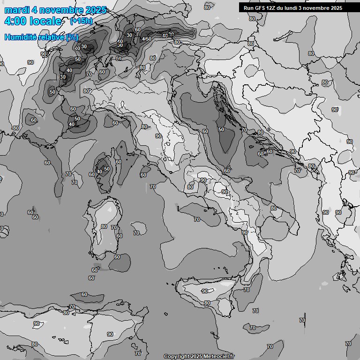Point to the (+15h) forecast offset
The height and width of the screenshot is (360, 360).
(x=81, y=21)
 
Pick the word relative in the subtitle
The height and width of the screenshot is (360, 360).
(x=52, y=37)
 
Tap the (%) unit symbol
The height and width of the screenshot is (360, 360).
(x=72, y=37)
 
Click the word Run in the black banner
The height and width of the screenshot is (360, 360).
(x=248, y=8)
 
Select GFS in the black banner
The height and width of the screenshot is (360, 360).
(x=260, y=8)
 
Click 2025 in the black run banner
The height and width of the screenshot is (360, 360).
(x=335, y=8)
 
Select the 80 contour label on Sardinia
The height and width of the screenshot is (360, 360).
(x=104, y=226)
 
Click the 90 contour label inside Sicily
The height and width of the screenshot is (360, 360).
(x=205, y=291)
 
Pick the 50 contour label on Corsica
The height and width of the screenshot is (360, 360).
(x=107, y=169)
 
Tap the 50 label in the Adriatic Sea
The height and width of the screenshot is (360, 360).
(x=221, y=129)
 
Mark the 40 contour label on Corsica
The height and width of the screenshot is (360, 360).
(x=99, y=172)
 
